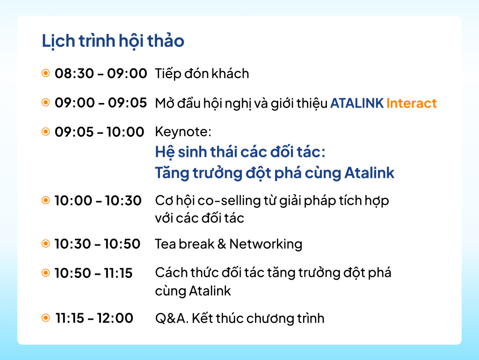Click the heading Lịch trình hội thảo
[113, 41]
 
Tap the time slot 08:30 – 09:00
[101, 73]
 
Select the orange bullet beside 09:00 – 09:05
[45, 103]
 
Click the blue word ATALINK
[357, 103]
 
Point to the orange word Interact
[412, 103]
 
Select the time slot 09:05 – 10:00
[99, 132]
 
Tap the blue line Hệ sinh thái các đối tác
[240, 152]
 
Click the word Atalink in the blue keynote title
[370, 173]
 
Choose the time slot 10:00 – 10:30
[98, 201]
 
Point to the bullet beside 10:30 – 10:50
[45, 243]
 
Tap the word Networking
[266, 244]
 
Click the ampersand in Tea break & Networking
[222, 244]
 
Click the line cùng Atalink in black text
[193, 291]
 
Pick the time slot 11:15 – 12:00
[94, 318]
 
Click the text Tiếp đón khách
[202, 74]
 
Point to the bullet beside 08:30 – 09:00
[45, 73]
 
